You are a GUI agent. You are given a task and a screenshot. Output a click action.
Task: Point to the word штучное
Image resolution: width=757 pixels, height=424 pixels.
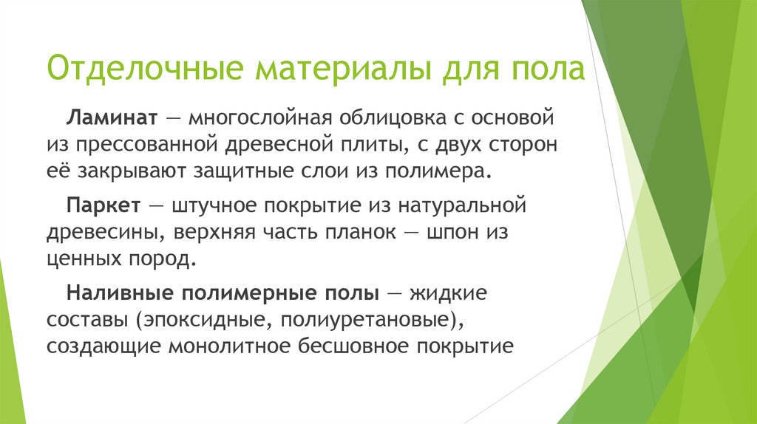tap(208, 203)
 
